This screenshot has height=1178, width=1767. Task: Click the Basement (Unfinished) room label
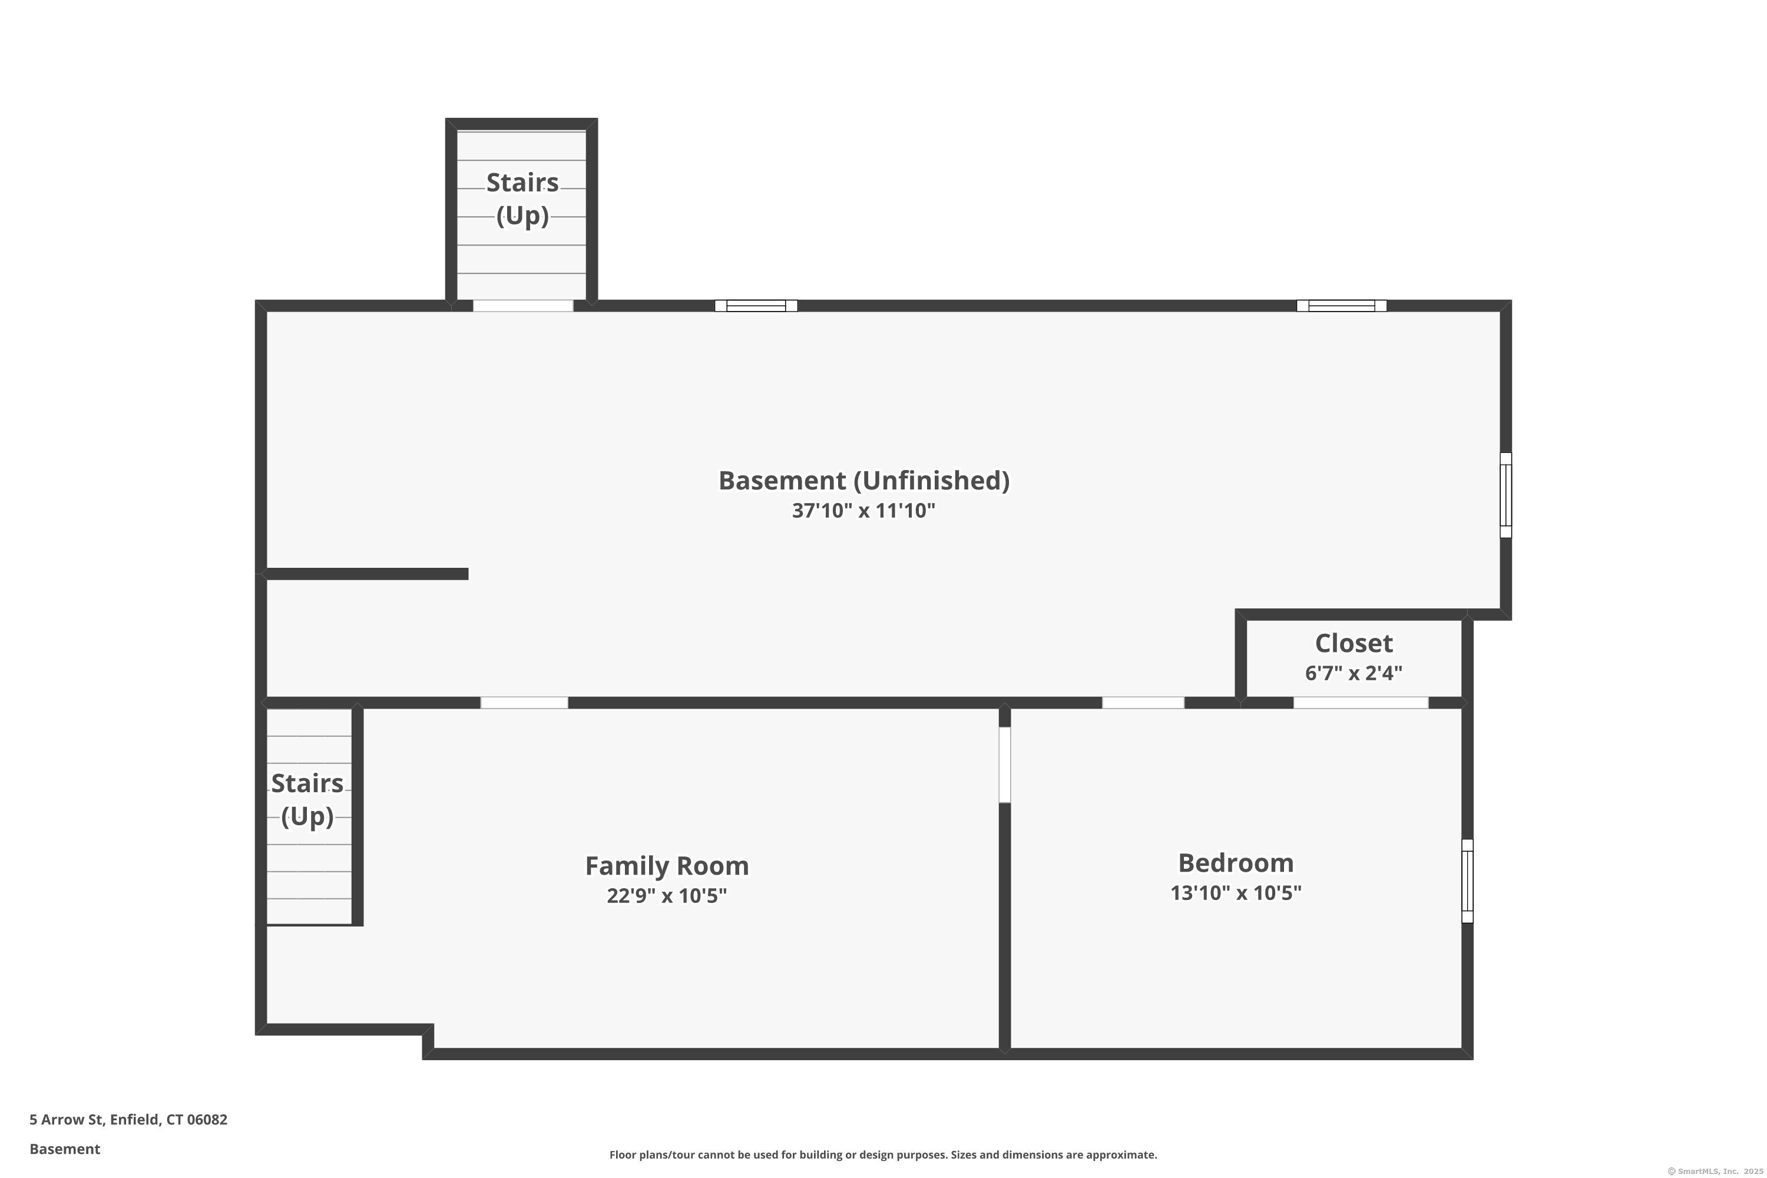[863, 481]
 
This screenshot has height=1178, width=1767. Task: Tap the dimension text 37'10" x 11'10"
[863, 511]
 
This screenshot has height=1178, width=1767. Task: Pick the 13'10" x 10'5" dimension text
[1235, 892]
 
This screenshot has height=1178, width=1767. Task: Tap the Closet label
[1353, 643]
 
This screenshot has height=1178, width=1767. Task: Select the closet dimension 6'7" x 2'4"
[1353, 673]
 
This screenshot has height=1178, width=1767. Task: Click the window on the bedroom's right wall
[1467, 881]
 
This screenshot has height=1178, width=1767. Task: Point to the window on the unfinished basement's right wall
[1505, 495]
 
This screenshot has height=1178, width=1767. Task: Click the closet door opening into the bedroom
[1360, 703]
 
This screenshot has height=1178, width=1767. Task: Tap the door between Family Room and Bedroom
[1004, 764]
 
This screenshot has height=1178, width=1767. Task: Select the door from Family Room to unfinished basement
[524, 703]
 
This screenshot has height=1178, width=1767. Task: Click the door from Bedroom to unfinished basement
[1143, 703]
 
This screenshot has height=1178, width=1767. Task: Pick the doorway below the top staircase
[523, 306]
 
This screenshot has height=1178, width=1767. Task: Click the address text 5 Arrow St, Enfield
[128, 1120]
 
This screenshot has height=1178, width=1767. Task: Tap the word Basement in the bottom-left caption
[65, 1149]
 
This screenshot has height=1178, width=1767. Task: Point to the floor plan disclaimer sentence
[883, 1154]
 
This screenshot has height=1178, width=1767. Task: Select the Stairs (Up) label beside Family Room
[307, 799]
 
